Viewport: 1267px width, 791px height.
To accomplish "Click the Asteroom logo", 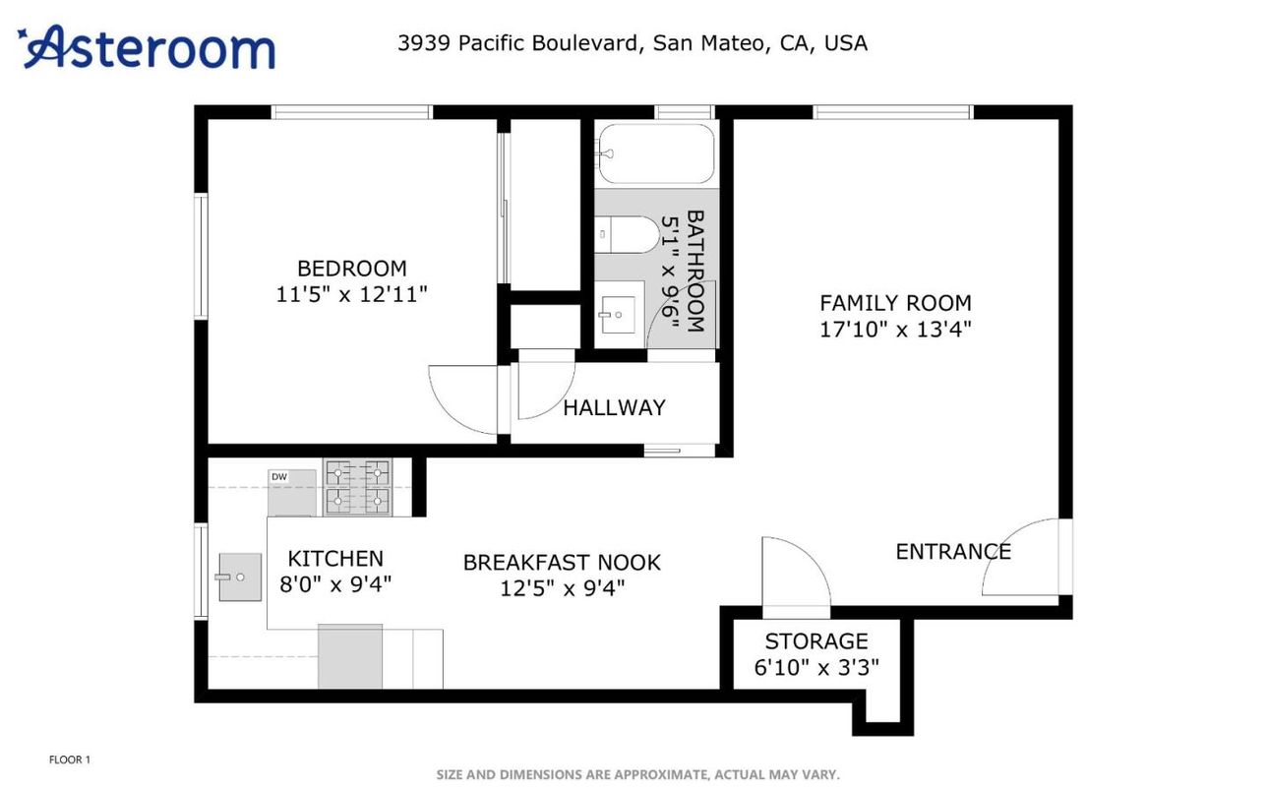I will [x=148, y=47].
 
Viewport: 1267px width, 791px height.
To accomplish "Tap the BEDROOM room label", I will [x=351, y=268].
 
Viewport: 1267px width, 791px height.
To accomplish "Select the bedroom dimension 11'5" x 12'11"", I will [x=351, y=294].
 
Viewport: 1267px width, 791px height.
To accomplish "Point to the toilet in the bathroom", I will [x=630, y=234].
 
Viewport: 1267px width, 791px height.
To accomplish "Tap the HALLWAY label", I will [x=614, y=407].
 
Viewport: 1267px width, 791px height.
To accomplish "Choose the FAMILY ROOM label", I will [x=895, y=303].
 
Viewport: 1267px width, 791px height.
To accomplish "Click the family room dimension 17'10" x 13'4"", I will [x=895, y=330].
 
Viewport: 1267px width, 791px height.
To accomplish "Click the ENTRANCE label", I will [x=952, y=551].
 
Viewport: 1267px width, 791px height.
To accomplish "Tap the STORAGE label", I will [x=816, y=641].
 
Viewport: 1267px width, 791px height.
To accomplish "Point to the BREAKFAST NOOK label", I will [x=562, y=563].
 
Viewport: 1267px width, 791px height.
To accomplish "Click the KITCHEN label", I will [x=335, y=559].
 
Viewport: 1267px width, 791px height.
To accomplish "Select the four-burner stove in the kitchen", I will [x=358, y=487].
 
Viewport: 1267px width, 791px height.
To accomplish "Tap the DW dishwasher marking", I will [x=279, y=477].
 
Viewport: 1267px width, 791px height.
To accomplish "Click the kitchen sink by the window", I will [x=239, y=577].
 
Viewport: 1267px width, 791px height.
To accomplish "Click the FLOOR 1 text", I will [x=70, y=760].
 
